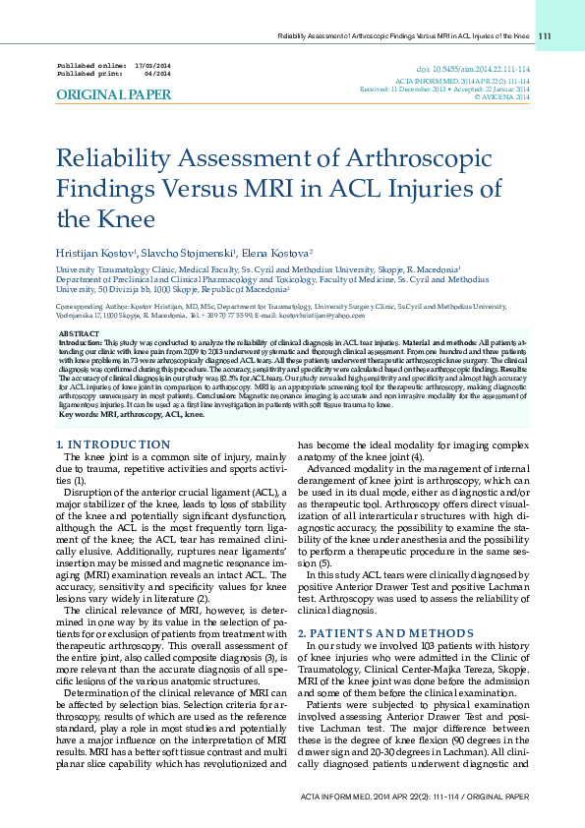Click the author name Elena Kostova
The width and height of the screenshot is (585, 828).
278,254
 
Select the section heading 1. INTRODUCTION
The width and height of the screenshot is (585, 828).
114,445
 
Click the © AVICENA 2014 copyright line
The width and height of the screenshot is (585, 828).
501,97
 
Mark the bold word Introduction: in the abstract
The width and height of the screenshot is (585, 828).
81,344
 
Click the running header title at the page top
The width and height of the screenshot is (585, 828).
404,36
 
